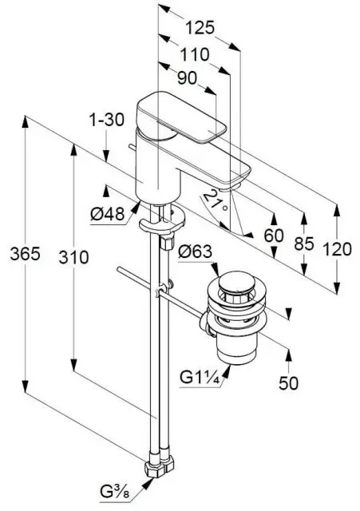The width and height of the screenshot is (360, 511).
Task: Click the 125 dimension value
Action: [200, 28]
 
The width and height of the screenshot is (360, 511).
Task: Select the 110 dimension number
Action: [195, 54]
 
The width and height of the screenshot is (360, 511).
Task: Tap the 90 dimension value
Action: [188, 78]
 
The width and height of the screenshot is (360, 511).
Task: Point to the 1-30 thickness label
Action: [107, 120]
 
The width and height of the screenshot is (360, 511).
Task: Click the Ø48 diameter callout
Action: [108, 214]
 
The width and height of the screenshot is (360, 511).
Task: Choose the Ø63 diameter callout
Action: [195, 252]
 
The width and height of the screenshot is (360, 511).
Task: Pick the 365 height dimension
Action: [25, 254]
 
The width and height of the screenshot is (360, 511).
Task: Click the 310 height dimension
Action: [73, 257]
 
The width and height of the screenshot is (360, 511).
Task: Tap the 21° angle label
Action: [215, 200]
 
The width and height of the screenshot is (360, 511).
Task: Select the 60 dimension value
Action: [274, 236]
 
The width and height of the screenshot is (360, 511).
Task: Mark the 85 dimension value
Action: [304, 244]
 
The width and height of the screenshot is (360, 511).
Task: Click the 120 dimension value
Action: [337, 249]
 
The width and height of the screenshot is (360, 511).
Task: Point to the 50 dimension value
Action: [289, 383]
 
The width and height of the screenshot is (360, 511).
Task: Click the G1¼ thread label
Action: [201, 378]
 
